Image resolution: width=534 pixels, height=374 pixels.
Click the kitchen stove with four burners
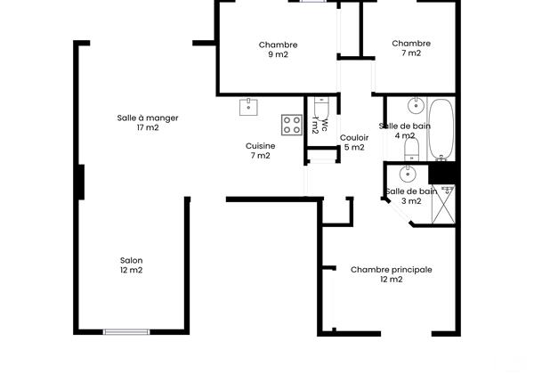pos(291,124)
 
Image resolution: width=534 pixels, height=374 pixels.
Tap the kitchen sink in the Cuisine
pos(248,107)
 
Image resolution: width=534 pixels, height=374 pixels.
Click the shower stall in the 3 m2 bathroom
pos(442,203)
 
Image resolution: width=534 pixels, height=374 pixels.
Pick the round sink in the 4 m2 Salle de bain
pos(416,103)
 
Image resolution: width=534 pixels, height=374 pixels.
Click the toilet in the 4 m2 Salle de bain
pos(411,148)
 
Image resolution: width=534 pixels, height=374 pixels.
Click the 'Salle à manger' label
pos(148,118)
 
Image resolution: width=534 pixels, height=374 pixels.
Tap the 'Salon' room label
pos(131,261)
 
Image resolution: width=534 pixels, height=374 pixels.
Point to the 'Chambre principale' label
pos(391,269)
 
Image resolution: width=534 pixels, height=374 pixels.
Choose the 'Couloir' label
pos(353,137)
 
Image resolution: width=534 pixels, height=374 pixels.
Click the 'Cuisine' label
pos(260,146)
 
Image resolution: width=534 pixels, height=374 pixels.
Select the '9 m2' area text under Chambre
pos(278,54)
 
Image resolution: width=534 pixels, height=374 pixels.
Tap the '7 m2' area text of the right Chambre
pos(410,53)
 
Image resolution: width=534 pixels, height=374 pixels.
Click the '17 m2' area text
pos(148,127)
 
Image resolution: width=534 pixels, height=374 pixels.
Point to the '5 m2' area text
pos(353,147)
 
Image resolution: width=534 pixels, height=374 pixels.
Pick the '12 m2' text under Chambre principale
pos(391,279)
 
